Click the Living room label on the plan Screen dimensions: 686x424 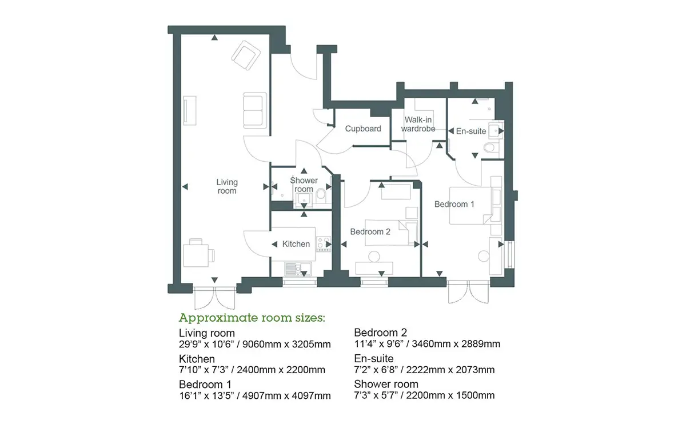coord(226,186)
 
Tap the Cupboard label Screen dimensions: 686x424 coord(363,129)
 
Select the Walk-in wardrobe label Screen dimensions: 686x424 coord(418,124)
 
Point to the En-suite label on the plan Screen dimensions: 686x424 coord(471,131)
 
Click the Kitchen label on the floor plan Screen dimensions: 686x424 coord(296,244)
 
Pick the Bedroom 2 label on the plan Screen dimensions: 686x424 coord(370,232)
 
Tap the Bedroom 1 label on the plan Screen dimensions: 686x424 coord(454,204)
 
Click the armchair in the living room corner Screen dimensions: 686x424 coord(246,55)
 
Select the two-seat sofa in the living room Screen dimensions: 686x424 coord(255,110)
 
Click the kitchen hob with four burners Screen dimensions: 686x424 coord(324,244)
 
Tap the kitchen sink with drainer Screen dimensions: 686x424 coord(298,270)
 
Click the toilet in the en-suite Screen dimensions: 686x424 coord(490,148)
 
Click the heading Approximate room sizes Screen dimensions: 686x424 coord(252,318)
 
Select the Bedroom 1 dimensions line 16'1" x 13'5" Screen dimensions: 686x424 coord(255,396)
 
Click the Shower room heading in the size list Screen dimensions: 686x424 coord(386,384)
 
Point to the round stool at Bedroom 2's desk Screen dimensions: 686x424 coord(374,257)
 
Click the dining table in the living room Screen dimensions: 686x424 coord(196,255)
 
